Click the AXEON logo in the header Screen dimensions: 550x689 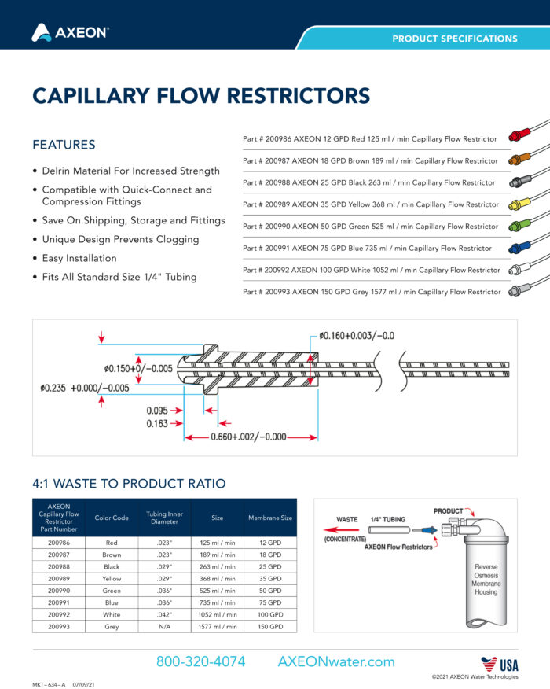70,32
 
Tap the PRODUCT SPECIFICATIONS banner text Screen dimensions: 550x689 455,39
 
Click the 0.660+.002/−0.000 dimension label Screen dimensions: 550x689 248,437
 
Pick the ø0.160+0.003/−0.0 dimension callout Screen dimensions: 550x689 357,336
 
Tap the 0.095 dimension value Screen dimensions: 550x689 157,411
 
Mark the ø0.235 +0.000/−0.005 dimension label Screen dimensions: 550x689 85,388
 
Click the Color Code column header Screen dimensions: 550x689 112,518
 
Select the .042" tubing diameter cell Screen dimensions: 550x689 164,614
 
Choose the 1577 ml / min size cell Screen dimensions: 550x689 218,627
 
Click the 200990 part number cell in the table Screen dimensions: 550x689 59,591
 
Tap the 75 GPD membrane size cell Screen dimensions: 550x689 270,602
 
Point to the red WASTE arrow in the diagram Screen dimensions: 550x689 341,530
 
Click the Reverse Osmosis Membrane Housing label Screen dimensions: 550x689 486,579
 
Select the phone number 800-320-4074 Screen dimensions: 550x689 200,661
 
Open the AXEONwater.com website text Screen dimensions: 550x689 336,661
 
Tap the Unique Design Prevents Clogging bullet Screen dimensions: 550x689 120,239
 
